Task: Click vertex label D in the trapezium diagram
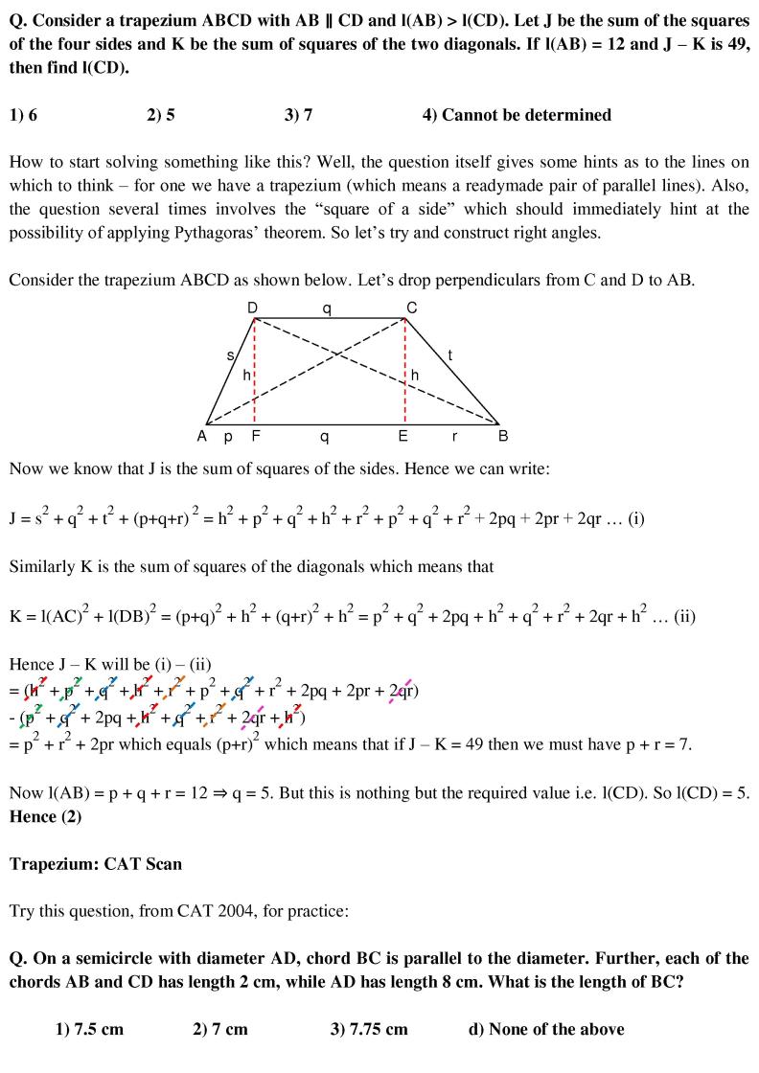click(253, 307)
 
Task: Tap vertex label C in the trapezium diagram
click(411, 307)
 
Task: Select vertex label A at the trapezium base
click(202, 437)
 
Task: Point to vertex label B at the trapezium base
click(503, 437)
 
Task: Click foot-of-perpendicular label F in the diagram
click(255, 437)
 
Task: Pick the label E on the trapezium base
click(403, 437)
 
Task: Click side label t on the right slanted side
click(449, 356)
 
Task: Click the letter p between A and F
click(228, 437)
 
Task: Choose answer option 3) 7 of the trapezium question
click(298, 115)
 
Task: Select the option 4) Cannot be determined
click(516, 115)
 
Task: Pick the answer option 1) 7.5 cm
click(89, 1029)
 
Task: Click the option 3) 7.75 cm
click(368, 1029)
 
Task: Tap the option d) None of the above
click(545, 1029)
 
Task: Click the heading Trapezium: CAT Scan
click(96, 863)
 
